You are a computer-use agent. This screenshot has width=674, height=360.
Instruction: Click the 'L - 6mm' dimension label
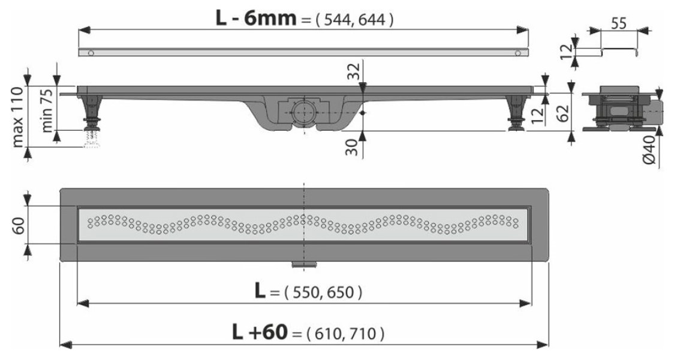click(256, 18)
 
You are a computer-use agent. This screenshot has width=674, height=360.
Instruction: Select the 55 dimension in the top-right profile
click(619, 23)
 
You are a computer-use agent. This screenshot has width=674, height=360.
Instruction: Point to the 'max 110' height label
click(17, 116)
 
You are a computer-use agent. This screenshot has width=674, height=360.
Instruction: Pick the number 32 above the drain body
click(353, 71)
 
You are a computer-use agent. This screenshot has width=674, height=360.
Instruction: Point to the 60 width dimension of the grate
click(18, 225)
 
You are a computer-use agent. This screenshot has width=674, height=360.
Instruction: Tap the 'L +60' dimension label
click(260, 332)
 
